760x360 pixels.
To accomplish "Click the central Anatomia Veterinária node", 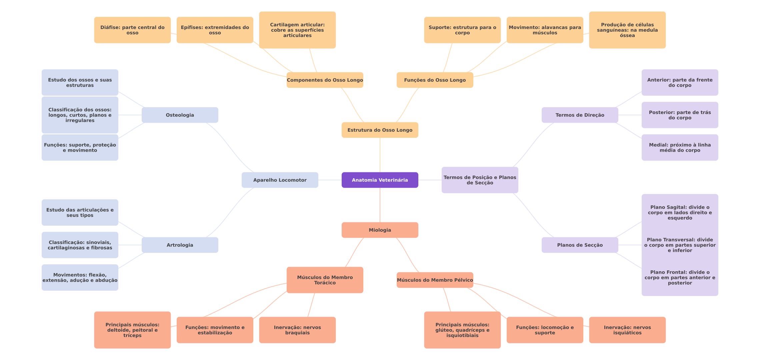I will click(x=380, y=180).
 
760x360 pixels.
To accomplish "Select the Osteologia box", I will click(x=180, y=115).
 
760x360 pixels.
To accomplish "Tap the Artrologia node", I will click(x=180, y=245).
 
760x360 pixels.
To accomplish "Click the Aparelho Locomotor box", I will click(x=280, y=180).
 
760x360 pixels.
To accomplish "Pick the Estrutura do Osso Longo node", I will click(x=380, y=130).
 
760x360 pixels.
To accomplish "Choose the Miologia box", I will click(x=380, y=230).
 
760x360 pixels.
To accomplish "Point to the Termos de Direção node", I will click(x=580, y=115).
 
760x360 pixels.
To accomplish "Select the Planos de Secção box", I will click(x=580, y=245).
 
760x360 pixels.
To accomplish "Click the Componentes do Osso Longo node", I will click(x=325, y=80).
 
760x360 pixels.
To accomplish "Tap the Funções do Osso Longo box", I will click(x=435, y=80).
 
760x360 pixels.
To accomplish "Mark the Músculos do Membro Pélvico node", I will click(x=435, y=280).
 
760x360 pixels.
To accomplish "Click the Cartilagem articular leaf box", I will click(x=297, y=30).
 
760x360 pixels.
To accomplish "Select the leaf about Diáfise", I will click(x=132, y=30).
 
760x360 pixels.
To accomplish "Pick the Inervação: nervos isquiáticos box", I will click(x=627, y=330).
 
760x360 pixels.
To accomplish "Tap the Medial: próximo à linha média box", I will click(x=680, y=147).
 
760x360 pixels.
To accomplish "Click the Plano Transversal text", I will click(x=680, y=245).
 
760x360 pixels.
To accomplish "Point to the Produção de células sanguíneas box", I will click(x=627, y=30).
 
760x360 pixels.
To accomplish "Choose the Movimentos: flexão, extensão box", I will click(x=80, y=277).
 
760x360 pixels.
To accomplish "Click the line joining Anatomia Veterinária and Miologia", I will click(x=380, y=205).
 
